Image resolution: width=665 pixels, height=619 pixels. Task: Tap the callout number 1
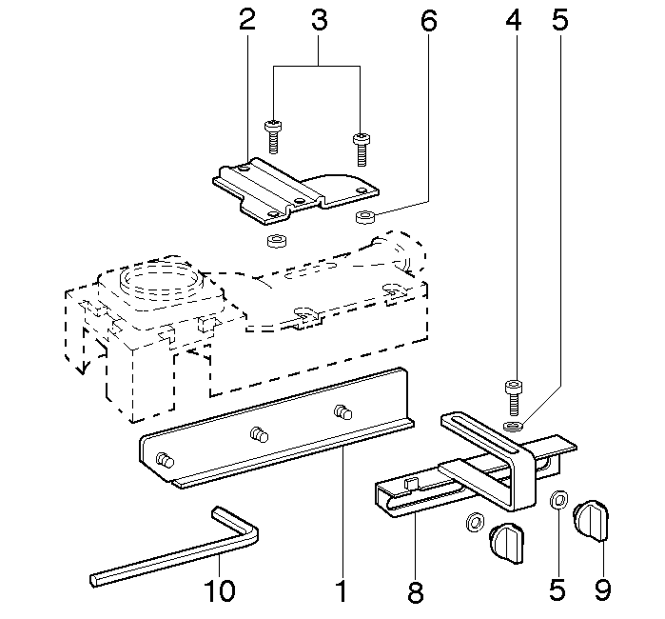tap(340, 591)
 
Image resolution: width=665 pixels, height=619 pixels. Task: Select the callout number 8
tap(415, 591)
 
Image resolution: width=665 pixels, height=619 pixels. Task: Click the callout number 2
tap(247, 21)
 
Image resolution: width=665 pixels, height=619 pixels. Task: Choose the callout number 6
tap(428, 21)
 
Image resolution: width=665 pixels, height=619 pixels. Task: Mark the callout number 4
tap(514, 21)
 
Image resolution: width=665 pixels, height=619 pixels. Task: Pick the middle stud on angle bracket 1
tap(257, 435)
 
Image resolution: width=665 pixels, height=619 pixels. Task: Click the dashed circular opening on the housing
tap(160, 279)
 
